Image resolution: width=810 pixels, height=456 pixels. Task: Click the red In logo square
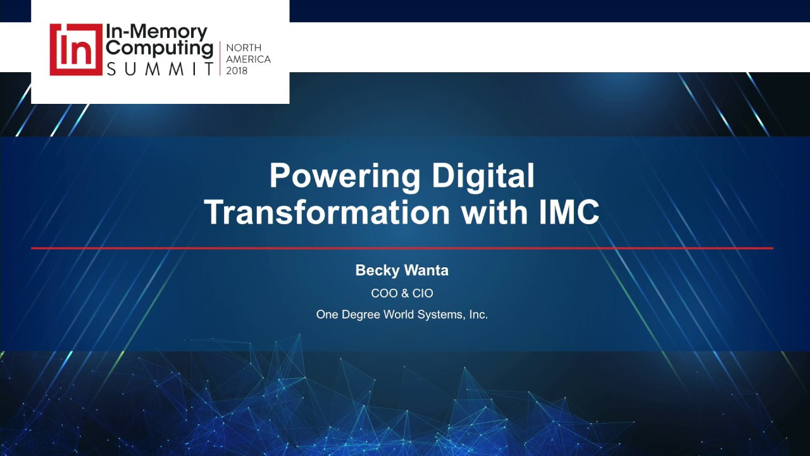click(x=76, y=49)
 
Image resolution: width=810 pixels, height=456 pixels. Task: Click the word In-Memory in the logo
click(x=156, y=32)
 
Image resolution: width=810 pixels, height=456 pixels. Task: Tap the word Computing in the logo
click(x=159, y=48)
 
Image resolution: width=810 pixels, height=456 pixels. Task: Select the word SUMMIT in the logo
click(x=160, y=68)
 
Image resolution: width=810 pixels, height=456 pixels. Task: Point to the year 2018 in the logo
click(x=237, y=70)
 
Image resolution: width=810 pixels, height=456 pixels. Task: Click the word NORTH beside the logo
click(x=244, y=48)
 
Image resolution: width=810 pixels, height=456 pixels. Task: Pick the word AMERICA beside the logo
click(x=248, y=59)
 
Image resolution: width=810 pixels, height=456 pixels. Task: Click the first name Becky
click(x=377, y=270)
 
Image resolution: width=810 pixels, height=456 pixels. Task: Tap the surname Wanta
click(x=426, y=270)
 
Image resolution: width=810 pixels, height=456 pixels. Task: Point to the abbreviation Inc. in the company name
click(x=478, y=314)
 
